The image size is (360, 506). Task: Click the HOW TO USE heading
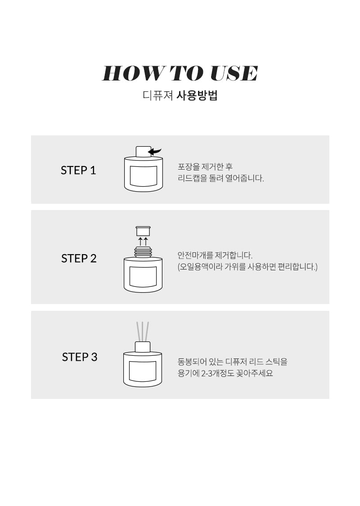(x=180, y=73)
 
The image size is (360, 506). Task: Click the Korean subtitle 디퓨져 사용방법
(x=180, y=95)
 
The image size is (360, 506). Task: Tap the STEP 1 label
(x=78, y=170)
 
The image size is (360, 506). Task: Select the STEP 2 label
(x=79, y=259)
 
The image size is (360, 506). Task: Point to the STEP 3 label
(x=80, y=357)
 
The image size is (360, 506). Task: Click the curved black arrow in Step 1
(x=156, y=151)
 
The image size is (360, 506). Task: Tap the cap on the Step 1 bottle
(x=143, y=152)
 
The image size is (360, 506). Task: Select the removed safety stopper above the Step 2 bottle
(x=143, y=231)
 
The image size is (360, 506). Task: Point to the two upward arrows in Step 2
(x=143, y=242)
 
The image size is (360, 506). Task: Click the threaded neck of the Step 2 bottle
(x=143, y=252)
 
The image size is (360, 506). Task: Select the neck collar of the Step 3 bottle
(x=142, y=347)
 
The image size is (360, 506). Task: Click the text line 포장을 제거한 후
(x=205, y=167)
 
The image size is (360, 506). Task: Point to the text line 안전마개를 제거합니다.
(x=215, y=255)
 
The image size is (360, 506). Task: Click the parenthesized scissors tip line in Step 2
(x=247, y=267)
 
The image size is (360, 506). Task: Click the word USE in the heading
(x=234, y=73)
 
